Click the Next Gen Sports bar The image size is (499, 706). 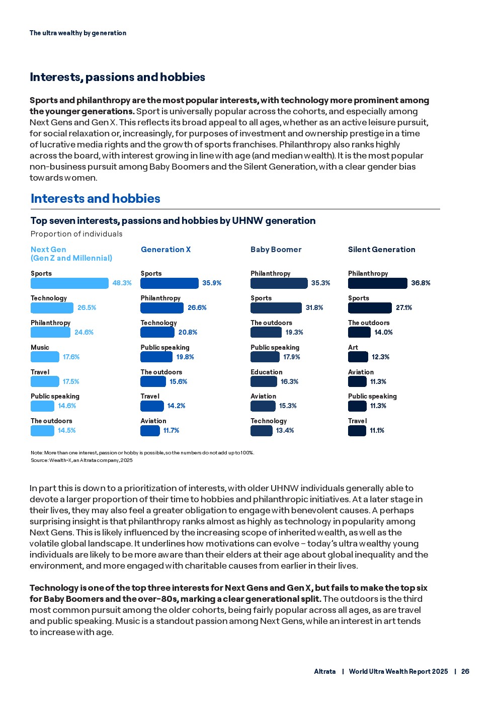click(x=69, y=283)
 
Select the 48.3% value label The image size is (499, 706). click(x=122, y=283)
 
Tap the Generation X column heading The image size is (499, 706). click(x=165, y=250)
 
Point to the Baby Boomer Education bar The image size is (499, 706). click(x=264, y=381)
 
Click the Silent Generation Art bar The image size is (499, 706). click(x=358, y=357)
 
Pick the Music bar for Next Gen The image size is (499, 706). click(x=45, y=357)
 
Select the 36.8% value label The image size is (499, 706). click(x=421, y=283)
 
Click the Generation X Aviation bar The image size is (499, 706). click(x=150, y=431)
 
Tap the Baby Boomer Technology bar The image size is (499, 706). click(x=261, y=431)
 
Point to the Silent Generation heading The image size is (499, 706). click(x=381, y=250)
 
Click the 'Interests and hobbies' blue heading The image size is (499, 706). click(x=96, y=199)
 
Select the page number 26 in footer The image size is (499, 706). click(x=465, y=671)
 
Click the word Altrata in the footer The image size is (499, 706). click(x=324, y=671)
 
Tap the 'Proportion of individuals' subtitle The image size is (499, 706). click(x=76, y=234)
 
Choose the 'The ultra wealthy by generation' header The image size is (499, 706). click(x=78, y=33)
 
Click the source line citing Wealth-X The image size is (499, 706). click(x=81, y=460)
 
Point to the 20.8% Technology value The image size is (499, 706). click(x=188, y=333)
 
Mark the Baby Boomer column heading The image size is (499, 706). click(x=276, y=250)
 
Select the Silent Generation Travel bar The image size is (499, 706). click(x=357, y=431)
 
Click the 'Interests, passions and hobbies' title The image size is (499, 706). click(x=117, y=77)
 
